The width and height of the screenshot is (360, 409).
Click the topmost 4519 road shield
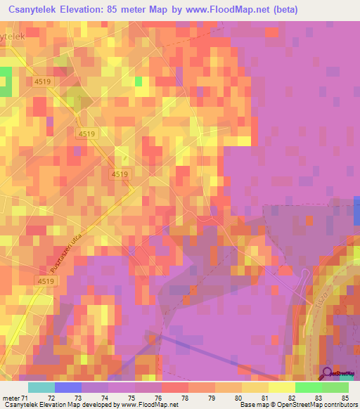[42, 82]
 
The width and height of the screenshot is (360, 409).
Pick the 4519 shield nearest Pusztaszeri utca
[45, 280]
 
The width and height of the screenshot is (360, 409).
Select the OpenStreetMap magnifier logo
[328, 372]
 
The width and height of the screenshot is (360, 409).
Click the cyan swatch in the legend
[41, 387]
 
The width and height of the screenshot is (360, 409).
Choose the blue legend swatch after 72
[68, 387]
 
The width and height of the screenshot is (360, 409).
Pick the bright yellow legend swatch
[281, 387]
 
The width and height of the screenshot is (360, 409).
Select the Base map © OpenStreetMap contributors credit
[297, 405]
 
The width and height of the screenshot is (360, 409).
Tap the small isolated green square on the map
[139, 82]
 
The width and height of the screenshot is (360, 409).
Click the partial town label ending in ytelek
[15, 35]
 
